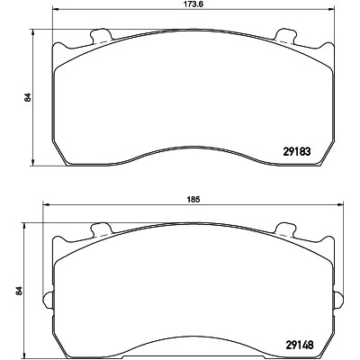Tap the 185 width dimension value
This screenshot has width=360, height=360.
(193, 200)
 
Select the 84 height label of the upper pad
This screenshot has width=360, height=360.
(28, 98)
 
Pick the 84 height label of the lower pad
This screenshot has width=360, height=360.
(19, 291)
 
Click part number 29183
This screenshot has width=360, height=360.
(296, 151)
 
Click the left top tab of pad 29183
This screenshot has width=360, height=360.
(101, 35)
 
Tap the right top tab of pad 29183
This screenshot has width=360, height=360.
(285, 35)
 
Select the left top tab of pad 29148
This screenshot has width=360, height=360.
(101, 229)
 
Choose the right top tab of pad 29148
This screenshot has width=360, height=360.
(285, 229)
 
